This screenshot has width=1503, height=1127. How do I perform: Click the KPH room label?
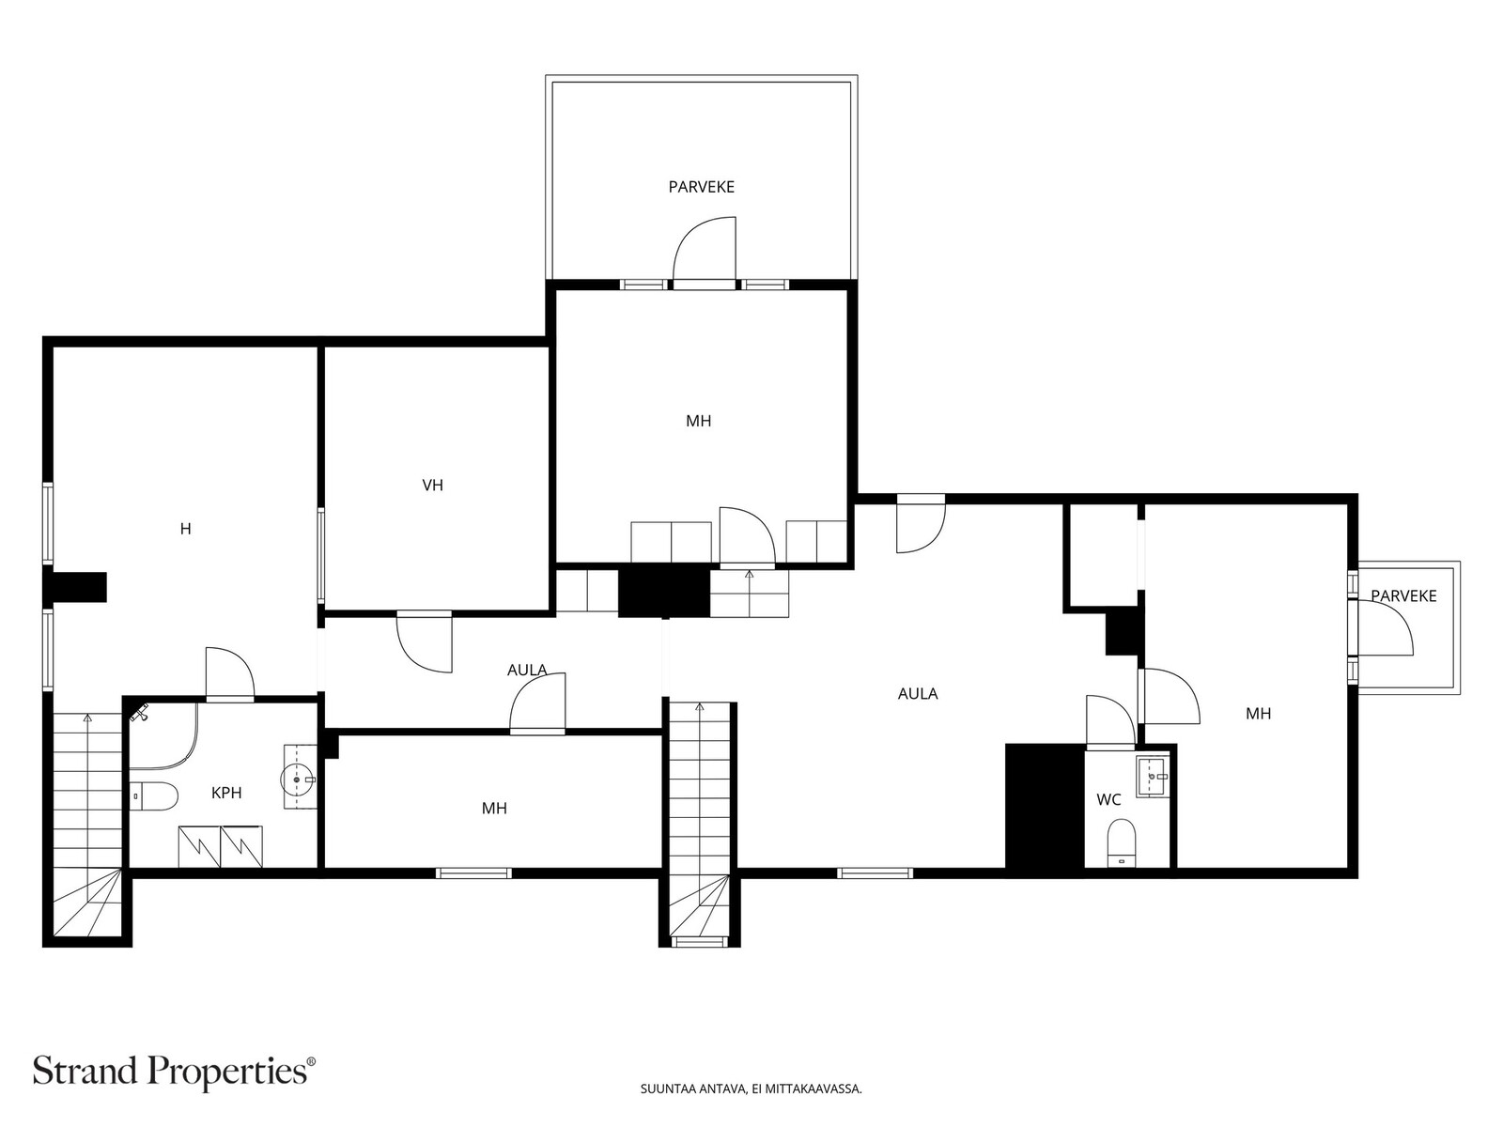point(226,793)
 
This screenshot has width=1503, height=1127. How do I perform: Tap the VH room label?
point(433,486)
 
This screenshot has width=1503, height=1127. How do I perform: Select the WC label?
point(1108,799)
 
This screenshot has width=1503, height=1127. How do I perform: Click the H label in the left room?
point(186,528)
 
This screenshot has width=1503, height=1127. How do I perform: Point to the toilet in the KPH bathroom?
point(154,795)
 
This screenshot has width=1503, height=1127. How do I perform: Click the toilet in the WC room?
point(1121,843)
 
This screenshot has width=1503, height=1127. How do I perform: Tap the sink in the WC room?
point(1154,776)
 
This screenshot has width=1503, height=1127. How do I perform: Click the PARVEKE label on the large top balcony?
point(701,187)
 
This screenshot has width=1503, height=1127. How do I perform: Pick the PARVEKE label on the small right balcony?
point(1403,596)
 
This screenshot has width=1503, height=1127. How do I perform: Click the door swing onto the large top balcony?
point(705,249)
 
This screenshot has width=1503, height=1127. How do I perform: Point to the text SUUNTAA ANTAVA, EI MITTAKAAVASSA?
point(751,1088)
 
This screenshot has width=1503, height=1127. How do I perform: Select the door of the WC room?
point(1110,719)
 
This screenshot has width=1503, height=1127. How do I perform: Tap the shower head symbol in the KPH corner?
point(140,713)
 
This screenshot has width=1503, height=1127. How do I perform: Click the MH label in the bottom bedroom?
point(494,808)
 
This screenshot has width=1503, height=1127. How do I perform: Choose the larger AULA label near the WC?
point(918,694)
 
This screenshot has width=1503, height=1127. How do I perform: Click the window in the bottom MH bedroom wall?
point(473,873)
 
